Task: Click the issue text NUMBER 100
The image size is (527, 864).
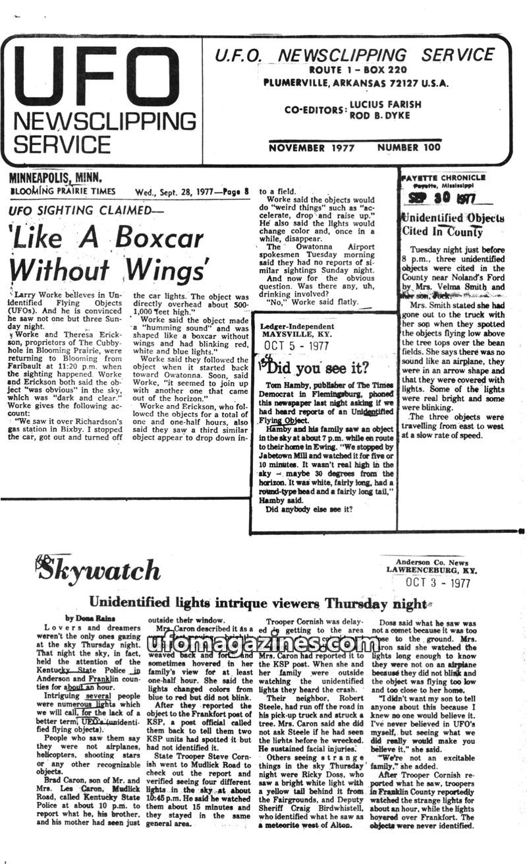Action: pyautogui.click(x=412, y=148)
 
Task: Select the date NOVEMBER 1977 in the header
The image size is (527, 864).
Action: pyautogui.click(x=312, y=148)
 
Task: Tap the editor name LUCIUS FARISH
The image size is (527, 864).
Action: pyautogui.click(x=385, y=104)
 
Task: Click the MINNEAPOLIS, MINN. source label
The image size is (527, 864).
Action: pyautogui.click(x=56, y=177)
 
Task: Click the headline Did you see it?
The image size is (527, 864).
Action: pyautogui.click(x=319, y=367)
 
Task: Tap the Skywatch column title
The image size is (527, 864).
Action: pyautogui.click(x=99, y=569)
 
